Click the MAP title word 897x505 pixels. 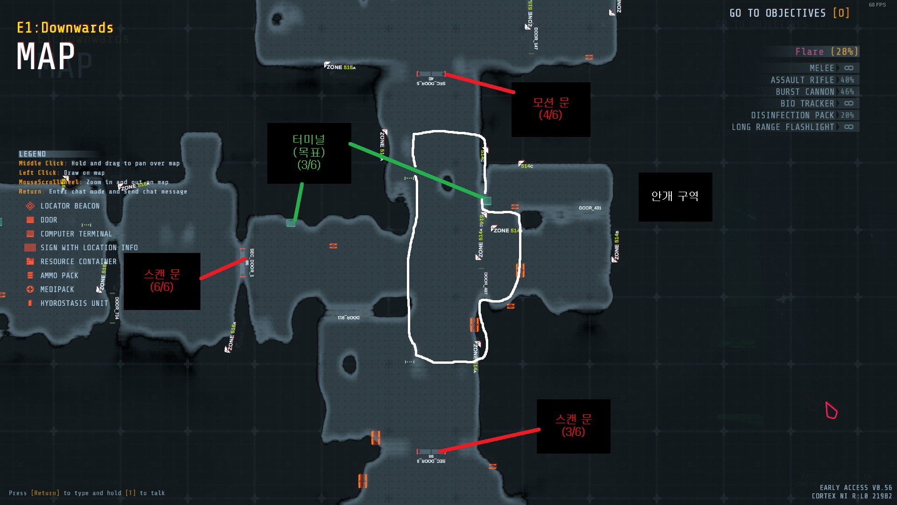tap(46, 57)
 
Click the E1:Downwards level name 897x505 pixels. tap(65, 28)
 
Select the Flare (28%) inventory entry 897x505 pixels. tap(826, 51)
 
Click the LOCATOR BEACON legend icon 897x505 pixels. tap(30, 206)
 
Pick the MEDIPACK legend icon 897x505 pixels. tap(30, 289)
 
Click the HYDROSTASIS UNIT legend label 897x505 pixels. tap(74, 303)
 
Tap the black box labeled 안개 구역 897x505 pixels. tap(675, 197)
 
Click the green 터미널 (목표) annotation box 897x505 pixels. tap(309, 153)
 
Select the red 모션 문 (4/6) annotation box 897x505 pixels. tap(551, 109)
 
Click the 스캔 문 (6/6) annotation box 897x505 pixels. tap(162, 281)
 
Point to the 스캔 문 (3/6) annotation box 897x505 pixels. tap(573, 426)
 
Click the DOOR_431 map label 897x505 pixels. tap(590, 208)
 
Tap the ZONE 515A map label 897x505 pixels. tap(341, 67)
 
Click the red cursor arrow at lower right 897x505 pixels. tap(831, 411)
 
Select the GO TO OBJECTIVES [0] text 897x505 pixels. tap(789, 13)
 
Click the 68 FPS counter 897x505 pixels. tap(877, 5)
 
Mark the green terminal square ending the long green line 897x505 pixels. tap(487, 201)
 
